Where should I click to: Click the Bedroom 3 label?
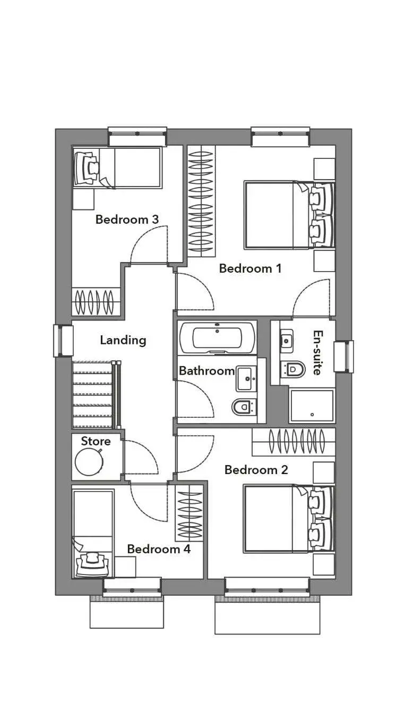127,220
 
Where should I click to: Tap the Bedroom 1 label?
250,268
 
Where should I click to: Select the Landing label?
123,340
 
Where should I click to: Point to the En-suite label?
317,352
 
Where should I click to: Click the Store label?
96,441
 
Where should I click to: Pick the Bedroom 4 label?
159,549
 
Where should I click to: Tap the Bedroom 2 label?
256,470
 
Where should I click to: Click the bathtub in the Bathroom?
217,337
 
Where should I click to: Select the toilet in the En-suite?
292,369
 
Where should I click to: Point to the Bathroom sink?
247,378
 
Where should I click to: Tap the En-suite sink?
287,341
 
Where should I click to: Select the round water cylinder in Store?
89,462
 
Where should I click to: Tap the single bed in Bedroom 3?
117,167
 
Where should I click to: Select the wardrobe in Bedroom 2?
294,442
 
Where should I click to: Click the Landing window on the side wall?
63,341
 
